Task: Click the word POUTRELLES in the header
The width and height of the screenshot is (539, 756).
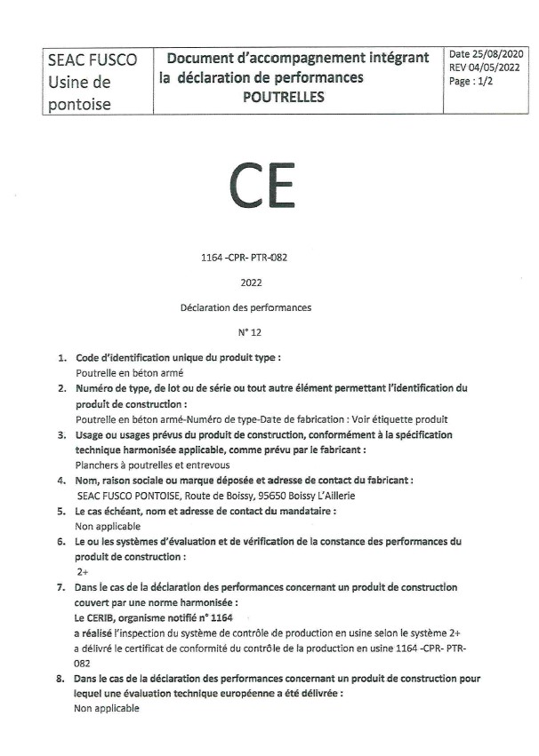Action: (x=284, y=98)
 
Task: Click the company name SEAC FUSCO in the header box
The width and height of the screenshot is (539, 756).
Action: (x=93, y=60)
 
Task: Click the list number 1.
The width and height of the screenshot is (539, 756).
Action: (x=62, y=357)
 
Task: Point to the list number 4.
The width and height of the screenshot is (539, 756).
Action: (x=62, y=481)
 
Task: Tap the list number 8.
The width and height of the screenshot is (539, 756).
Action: (x=62, y=678)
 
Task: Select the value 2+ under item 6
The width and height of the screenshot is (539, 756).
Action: (x=83, y=572)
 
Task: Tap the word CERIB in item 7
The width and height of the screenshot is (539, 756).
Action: (x=105, y=616)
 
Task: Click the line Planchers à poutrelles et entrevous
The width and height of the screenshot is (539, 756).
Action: (x=141, y=465)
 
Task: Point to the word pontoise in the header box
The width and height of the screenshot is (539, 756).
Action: (x=81, y=104)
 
